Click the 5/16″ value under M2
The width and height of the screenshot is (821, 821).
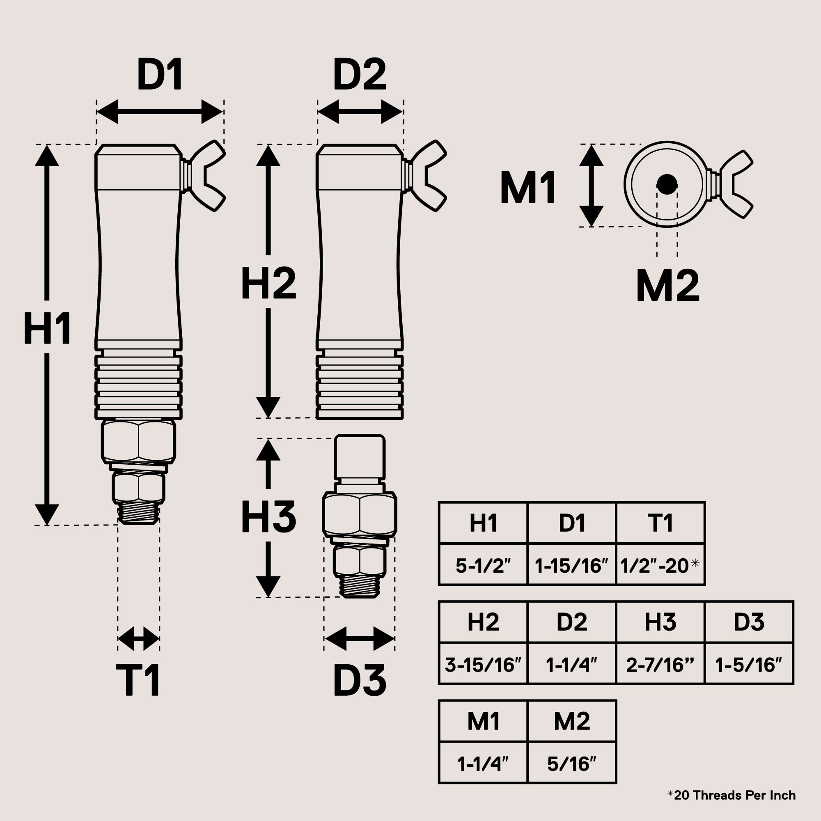point(571,764)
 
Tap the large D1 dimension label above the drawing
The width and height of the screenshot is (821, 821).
point(160,75)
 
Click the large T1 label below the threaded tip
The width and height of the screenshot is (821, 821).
point(138,680)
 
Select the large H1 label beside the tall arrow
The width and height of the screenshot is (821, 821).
point(47,328)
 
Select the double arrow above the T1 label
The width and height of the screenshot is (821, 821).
point(138,638)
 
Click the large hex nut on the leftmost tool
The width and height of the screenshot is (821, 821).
point(138,440)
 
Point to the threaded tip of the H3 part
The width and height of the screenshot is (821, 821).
point(360,586)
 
